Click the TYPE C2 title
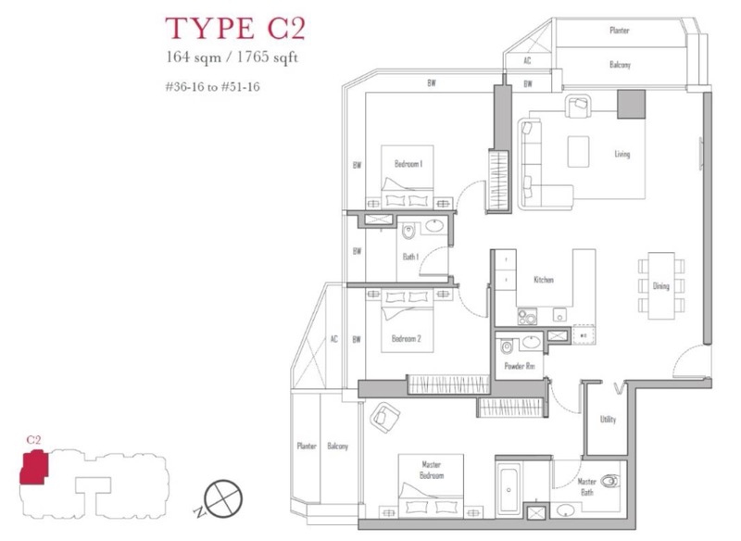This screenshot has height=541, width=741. coord(235,28)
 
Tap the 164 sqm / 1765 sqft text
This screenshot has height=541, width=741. coord(232,57)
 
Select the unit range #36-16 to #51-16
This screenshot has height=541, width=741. coord(213,87)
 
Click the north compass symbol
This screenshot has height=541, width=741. coord(223,499)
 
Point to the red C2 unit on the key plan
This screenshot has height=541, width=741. coord(33,467)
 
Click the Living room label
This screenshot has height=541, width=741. coord(622,154)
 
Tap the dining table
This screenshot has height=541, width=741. coord(661,285)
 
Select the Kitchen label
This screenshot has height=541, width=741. coord(544,280)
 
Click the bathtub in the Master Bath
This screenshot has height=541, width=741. coord(509,487)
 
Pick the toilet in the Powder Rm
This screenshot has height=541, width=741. coord(507,346)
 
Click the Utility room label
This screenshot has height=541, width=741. coord(608,419)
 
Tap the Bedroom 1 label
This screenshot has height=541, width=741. coord(408,164)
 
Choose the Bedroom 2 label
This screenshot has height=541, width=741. coord(406,338)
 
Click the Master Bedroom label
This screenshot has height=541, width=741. coord(431,470)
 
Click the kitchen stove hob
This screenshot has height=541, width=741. coord(527,317)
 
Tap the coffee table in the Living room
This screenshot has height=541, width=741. coord(578,151)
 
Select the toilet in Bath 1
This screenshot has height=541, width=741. coord(408,232)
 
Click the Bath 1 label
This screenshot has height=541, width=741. coord(410,257)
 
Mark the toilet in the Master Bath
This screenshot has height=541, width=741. coord(609,481)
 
